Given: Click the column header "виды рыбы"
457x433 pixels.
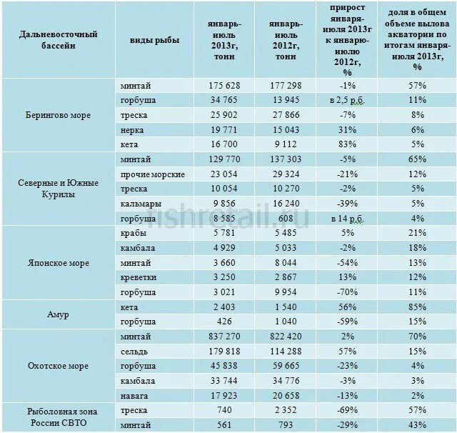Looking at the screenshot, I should pos(155,40).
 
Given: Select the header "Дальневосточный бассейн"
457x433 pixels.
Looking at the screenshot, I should pos(59,40).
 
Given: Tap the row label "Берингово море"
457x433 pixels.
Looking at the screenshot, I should pos(59,116).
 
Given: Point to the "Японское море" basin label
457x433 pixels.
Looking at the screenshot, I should pos(59,263).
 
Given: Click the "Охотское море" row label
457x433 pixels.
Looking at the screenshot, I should pos(59,366).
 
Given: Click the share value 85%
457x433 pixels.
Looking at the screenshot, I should pos(418,307).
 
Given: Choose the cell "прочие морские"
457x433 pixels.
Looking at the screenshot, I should pos(154,174).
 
